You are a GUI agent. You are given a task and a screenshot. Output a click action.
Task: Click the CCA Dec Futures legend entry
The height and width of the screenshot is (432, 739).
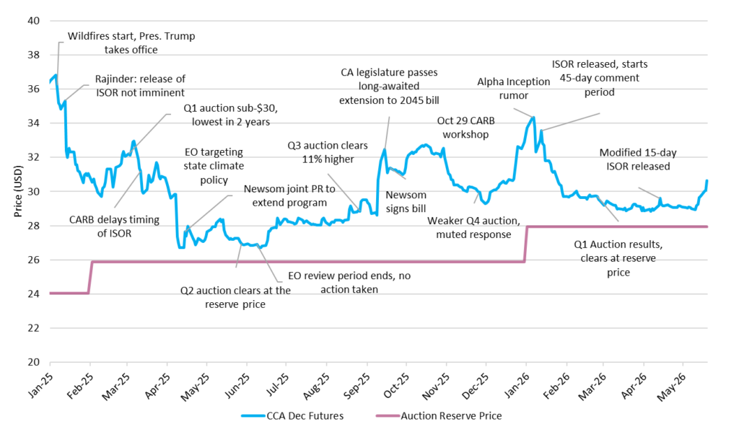point(292,416)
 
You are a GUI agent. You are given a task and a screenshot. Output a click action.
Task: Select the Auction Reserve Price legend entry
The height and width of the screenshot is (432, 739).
point(439,416)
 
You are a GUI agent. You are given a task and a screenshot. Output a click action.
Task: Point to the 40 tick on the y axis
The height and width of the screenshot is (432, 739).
point(34,21)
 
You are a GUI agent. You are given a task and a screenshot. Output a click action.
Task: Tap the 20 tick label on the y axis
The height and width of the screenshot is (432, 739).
point(34,362)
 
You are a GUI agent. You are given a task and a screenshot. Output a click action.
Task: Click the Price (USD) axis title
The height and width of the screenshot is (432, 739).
point(18,191)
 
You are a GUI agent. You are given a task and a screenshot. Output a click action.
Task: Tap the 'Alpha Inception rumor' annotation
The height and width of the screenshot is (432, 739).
point(513,89)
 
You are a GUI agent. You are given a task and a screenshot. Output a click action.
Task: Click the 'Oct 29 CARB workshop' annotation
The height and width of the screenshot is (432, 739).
point(465,127)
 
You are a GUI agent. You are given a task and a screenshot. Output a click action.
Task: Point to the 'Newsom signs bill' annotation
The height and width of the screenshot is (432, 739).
point(406,202)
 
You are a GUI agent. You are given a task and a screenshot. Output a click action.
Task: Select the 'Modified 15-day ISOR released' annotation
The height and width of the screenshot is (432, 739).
point(638,159)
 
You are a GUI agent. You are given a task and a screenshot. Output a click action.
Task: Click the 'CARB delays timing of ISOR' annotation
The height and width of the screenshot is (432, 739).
point(114,226)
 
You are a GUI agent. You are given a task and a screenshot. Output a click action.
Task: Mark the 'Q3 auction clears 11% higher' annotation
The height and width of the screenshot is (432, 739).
point(328,152)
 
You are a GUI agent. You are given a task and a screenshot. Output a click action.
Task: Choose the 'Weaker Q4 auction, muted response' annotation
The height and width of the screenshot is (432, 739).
point(473,228)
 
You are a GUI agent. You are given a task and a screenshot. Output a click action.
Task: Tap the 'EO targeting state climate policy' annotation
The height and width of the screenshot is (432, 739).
point(214,166)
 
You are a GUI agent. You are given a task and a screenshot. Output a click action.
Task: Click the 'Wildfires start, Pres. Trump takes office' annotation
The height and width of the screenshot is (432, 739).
point(131,43)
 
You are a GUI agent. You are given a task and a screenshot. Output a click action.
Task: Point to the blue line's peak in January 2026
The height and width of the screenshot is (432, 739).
point(533,118)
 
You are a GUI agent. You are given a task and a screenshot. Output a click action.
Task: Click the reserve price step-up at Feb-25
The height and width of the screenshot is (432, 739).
point(90,278)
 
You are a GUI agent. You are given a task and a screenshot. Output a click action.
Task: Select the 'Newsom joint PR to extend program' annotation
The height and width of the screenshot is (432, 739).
point(289,195)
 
